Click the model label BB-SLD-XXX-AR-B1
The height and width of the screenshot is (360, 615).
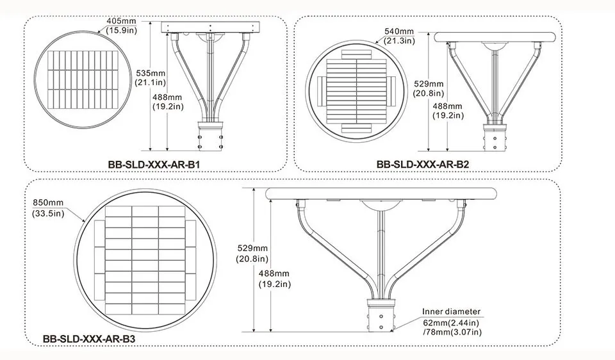[155, 164]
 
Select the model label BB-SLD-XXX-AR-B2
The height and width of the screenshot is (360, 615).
[423, 164]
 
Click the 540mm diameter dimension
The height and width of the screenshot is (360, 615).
[400, 30]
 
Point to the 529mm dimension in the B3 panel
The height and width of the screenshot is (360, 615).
[252, 248]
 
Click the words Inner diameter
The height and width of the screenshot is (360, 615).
[451, 312]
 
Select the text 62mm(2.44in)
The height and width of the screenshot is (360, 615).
[452, 322]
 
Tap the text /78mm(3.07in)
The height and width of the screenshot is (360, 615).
[452, 331]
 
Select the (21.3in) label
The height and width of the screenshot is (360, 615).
[400, 41]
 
